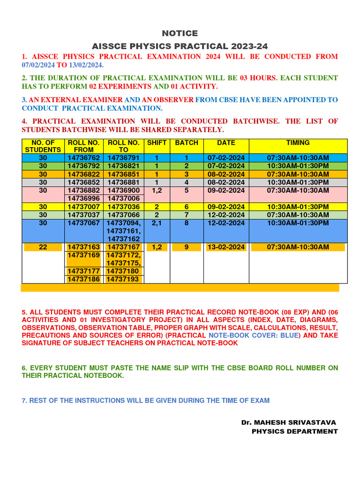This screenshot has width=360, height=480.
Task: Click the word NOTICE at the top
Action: pyautogui.click(x=180, y=33)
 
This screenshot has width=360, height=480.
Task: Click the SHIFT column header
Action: pyautogui.click(x=157, y=142)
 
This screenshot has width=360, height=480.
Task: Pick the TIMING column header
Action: pyautogui.click(x=298, y=142)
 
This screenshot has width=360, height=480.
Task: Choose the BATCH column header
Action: pyautogui.click(x=187, y=142)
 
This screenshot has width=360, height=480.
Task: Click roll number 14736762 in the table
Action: pyautogui.click(x=83, y=157)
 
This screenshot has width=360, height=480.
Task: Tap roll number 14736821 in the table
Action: pyautogui.click(x=124, y=165)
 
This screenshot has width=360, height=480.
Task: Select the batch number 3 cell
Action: pyautogui.click(x=187, y=174)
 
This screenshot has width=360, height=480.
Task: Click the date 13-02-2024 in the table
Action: pyautogui.click(x=226, y=247)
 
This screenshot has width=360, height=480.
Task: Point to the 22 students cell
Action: pyautogui.click(x=43, y=247)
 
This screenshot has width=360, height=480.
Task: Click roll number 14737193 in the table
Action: pyautogui.click(x=124, y=279)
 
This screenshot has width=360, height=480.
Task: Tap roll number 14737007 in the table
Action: pyautogui.click(x=83, y=206)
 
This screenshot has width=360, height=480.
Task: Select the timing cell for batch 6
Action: pyautogui.click(x=298, y=206)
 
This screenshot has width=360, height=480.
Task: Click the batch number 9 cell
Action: pyautogui.click(x=187, y=247)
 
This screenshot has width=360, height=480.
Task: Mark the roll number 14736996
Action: pyautogui.click(x=83, y=198)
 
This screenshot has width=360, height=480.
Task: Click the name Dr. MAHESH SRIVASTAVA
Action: pyautogui.click(x=289, y=422)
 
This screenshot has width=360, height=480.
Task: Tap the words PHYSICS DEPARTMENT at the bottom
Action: pyautogui.click(x=294, y=431)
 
